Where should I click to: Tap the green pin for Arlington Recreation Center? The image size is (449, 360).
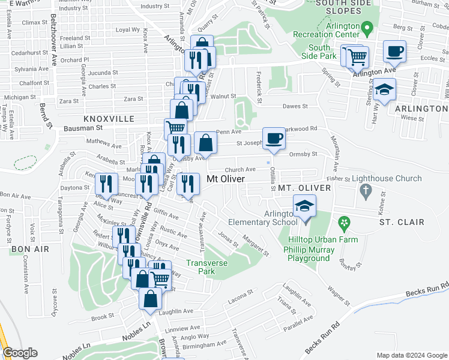point(369,27)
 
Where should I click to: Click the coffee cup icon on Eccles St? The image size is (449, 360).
point(394,50)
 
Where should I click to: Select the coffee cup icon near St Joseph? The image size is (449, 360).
point(274,138)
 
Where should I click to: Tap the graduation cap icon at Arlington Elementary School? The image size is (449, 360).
point(304,206)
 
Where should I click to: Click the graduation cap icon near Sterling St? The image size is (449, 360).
point(384,91)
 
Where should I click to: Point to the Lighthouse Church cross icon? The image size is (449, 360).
point(364,191)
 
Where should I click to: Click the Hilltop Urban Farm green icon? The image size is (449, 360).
point(343,224)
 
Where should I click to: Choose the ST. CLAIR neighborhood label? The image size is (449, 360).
point(402,222)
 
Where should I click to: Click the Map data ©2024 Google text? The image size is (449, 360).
point(411,355)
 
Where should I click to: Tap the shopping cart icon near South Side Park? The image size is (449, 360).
point(357,57)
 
